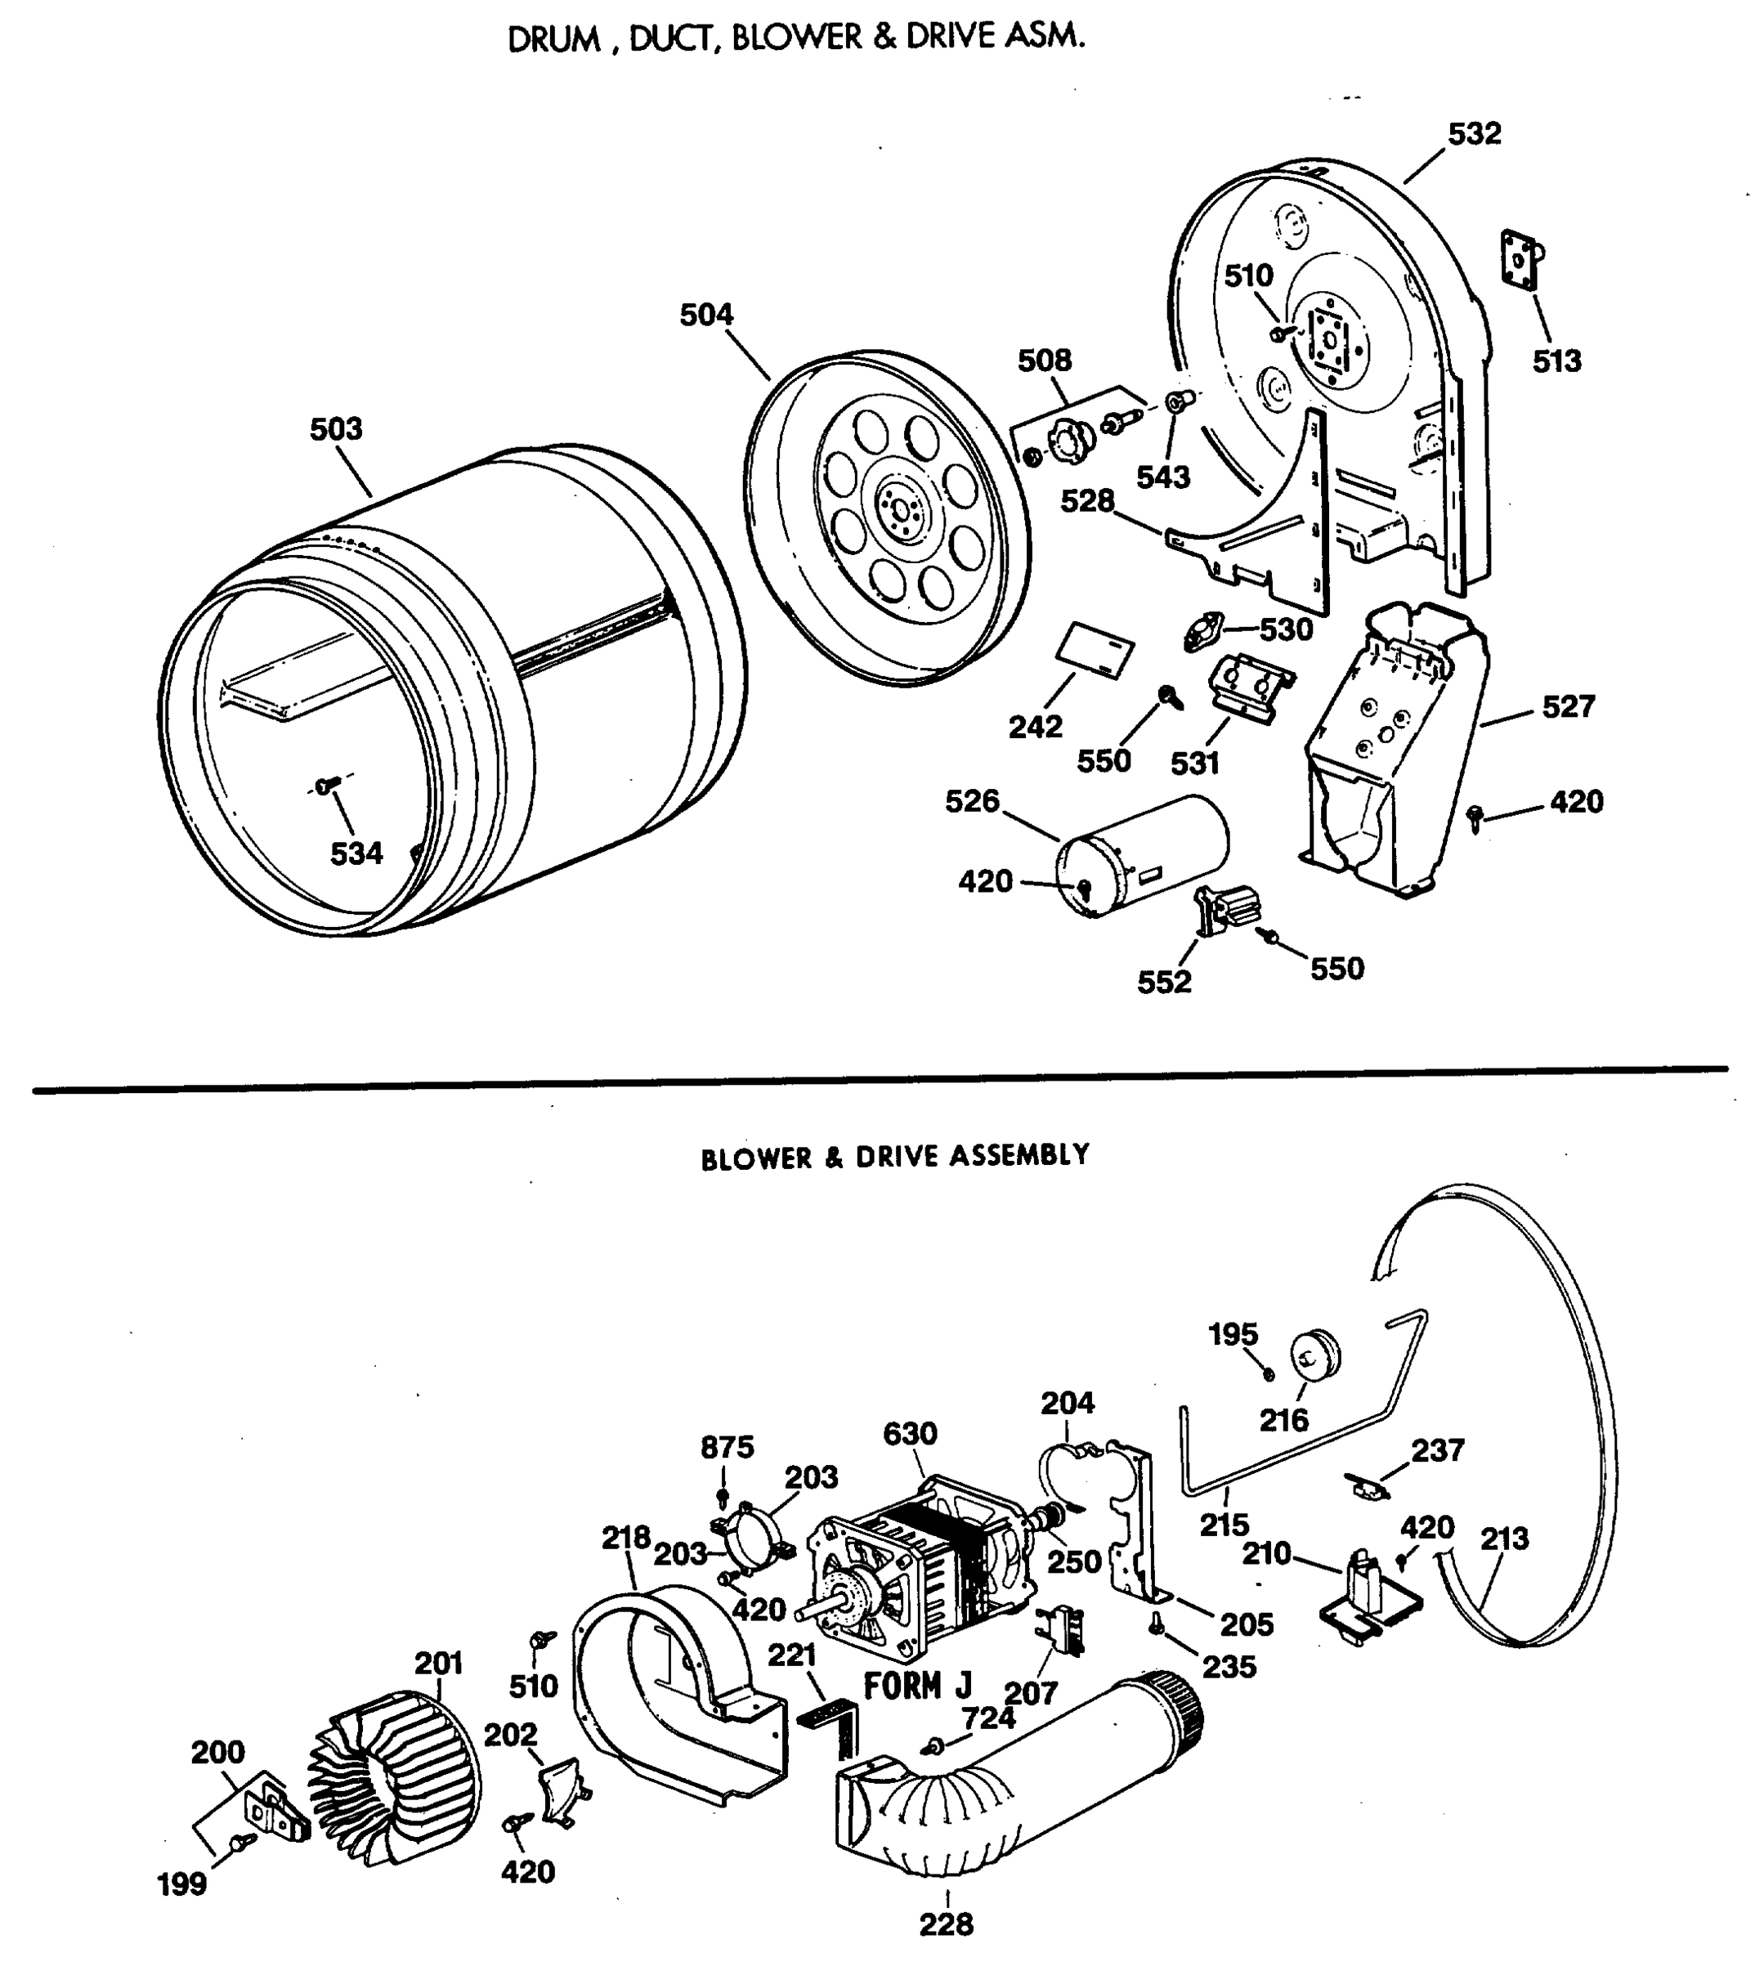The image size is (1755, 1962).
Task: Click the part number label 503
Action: (336, 428)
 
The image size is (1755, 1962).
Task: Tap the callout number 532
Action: (1474, 133)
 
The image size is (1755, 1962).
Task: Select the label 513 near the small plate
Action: (1556, 361)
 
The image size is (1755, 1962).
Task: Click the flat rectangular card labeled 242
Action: (1096, 651)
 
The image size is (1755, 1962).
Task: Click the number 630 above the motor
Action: (909, 1434)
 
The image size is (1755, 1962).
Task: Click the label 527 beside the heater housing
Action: (1569, 706)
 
